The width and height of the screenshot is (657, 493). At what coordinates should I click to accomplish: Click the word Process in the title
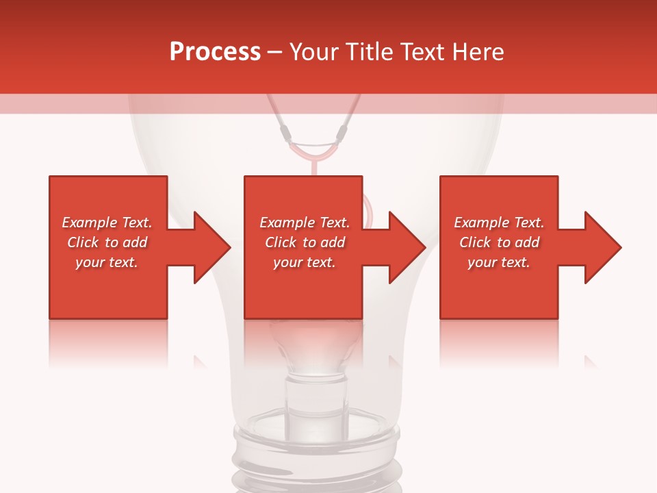215,52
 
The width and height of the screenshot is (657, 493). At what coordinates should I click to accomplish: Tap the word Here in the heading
478,52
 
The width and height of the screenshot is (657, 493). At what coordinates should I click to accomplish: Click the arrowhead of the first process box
211,247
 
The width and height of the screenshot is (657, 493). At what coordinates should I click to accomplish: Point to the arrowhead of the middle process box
406,247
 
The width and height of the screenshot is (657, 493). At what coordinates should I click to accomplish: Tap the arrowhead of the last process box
602,247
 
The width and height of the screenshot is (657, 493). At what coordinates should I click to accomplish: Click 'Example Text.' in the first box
107,223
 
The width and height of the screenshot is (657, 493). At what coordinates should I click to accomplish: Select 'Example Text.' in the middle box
304,223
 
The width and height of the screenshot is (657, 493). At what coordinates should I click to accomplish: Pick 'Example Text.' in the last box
499,223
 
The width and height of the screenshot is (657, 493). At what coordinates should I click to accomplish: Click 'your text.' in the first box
107,262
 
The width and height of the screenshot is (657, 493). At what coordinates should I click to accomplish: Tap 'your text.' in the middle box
304,262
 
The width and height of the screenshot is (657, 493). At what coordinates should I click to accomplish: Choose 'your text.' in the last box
499,262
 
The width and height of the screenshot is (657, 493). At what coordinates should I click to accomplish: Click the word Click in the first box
83,242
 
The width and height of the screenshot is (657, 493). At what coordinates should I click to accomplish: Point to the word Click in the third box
475,242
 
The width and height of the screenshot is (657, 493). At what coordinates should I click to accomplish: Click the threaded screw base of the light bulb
315,459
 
